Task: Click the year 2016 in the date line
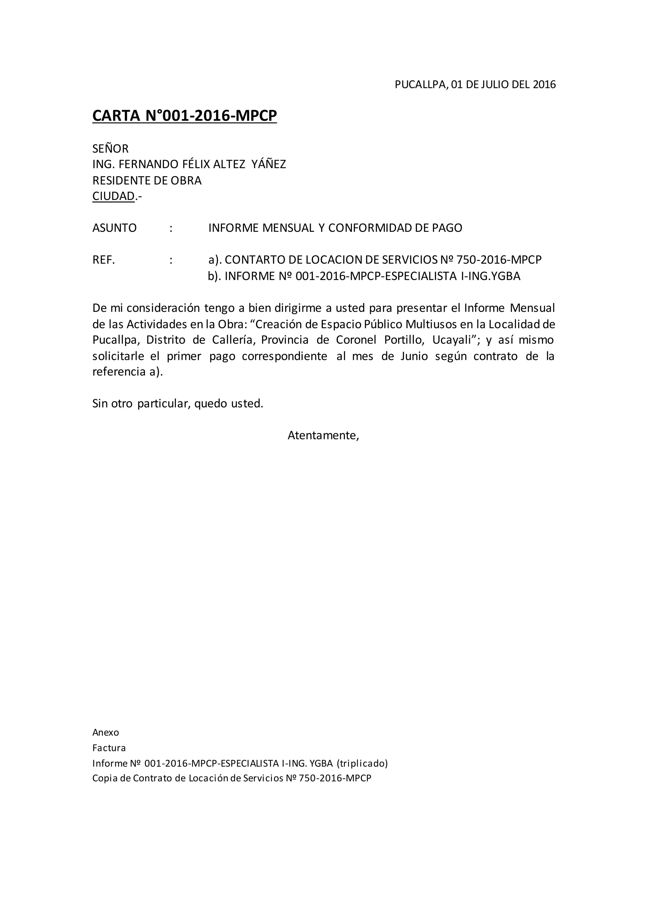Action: point(544,84)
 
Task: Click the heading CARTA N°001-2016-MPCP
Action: point(184,116)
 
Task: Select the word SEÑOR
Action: point(110,149)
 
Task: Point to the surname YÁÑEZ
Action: point(269,164)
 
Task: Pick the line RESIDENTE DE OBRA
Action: point(147,180)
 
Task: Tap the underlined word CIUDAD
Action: point(113,196)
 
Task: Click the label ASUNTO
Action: point(115,228)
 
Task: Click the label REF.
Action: point(104,260)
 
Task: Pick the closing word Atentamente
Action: point(323,435)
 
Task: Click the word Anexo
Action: point(106,733)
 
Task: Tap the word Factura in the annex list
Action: point(109,748)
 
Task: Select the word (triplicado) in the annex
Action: point(362,763)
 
